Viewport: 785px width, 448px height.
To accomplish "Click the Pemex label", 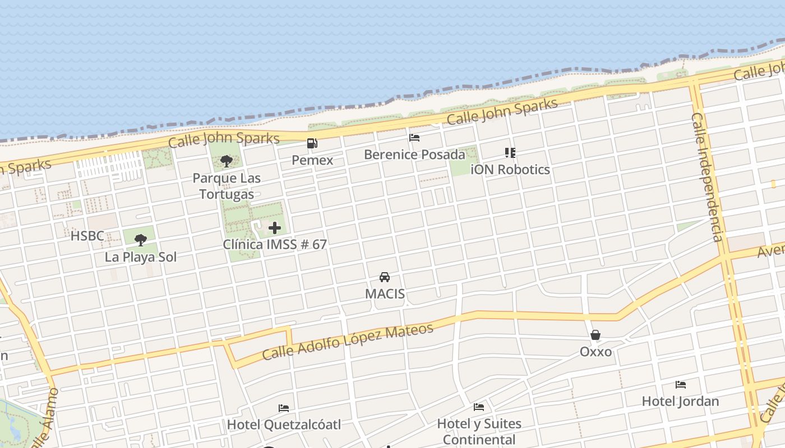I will (312, 160).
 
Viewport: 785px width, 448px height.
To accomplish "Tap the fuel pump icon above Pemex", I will (312, 143).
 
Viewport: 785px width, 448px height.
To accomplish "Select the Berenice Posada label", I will (414, 154).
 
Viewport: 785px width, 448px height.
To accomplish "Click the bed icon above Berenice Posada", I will (414, 137).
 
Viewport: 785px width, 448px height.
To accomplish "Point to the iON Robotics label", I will (510, 169).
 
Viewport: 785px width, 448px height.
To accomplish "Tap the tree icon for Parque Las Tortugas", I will (227, 161).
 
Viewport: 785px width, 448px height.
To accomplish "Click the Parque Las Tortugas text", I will (227, 186).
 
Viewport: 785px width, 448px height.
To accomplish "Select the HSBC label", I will (87, 236).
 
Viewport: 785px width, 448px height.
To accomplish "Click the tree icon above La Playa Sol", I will (141, 240).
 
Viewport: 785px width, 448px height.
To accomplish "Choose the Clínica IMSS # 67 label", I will (275, 245).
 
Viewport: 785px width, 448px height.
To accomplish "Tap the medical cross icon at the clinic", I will (275, 228).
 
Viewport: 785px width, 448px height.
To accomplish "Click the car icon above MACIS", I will (385, 277).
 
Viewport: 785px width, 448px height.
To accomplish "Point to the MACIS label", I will (385, 294).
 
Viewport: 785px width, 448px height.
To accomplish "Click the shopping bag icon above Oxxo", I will (595, 335).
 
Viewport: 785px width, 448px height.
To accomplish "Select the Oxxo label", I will (595, 352).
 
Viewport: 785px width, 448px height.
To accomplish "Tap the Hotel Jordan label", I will (680, 402).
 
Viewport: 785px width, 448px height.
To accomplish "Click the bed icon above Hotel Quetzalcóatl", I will (284, 408).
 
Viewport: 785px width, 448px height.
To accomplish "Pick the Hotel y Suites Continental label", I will (479, 431).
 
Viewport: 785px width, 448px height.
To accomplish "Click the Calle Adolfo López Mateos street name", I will (348, 342).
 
